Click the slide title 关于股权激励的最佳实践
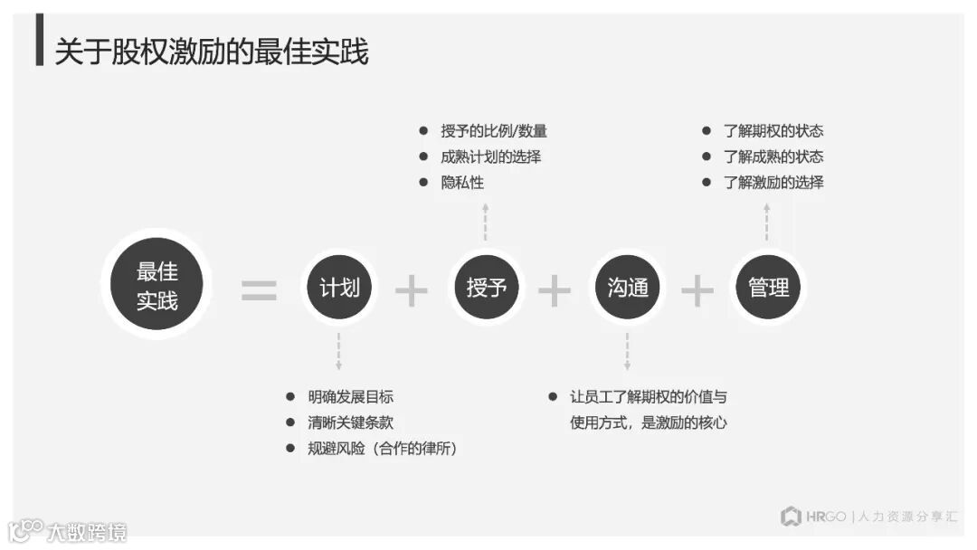211,52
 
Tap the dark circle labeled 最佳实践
157,285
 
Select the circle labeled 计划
339,288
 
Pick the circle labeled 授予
486,288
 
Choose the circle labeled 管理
768,288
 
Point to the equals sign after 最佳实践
259,290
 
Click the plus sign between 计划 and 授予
412,290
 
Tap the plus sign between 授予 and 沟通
555,290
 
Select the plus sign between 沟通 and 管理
697,290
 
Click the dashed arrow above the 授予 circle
486,222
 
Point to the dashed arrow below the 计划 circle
339,351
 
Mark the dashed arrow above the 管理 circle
767,222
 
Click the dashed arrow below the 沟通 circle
627,351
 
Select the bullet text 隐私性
462,182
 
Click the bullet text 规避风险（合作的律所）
382,448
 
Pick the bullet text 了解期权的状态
773,131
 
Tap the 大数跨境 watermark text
87,531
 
